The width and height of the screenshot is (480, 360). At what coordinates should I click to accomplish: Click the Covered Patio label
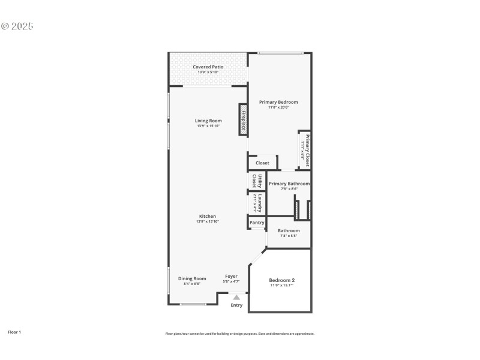click(208, 67)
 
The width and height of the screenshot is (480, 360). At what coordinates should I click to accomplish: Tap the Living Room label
click(208, 121)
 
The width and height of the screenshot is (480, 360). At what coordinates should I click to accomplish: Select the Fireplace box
click(244, 119)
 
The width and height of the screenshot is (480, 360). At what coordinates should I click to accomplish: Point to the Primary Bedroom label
click(278, 102)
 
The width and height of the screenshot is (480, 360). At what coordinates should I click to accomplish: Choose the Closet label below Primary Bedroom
click(262, 163)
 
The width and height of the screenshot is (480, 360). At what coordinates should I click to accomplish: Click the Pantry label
click(257, 223)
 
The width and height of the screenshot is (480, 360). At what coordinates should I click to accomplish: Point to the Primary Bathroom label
click(289, 184)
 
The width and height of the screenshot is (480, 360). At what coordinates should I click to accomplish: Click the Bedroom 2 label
click(281, 280)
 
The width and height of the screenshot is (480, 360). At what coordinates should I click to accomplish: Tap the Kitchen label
click(208, 216)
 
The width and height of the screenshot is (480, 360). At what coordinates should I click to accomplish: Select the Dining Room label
click(192, 278)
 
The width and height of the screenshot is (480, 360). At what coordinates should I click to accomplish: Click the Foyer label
click(231, 277)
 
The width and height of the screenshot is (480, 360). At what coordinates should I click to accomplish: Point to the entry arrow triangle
click(236, 297)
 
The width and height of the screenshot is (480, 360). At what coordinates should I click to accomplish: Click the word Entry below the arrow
click(236, 305)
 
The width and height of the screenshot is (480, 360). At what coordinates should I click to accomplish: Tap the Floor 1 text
click(14, 332)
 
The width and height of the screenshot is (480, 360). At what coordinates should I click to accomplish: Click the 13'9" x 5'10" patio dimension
click(208, 73)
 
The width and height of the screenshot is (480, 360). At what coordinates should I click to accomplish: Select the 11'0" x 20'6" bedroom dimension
click(278, 108)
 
